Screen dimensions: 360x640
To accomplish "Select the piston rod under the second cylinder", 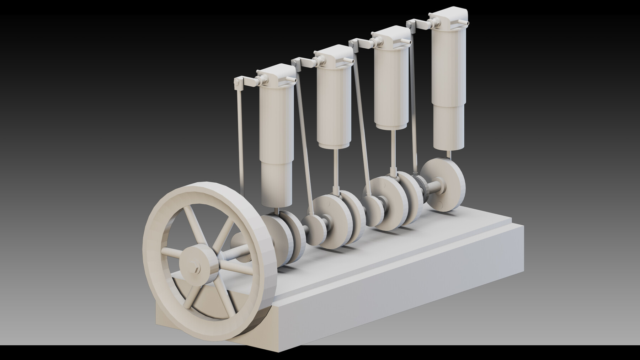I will [x=335, y=171].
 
